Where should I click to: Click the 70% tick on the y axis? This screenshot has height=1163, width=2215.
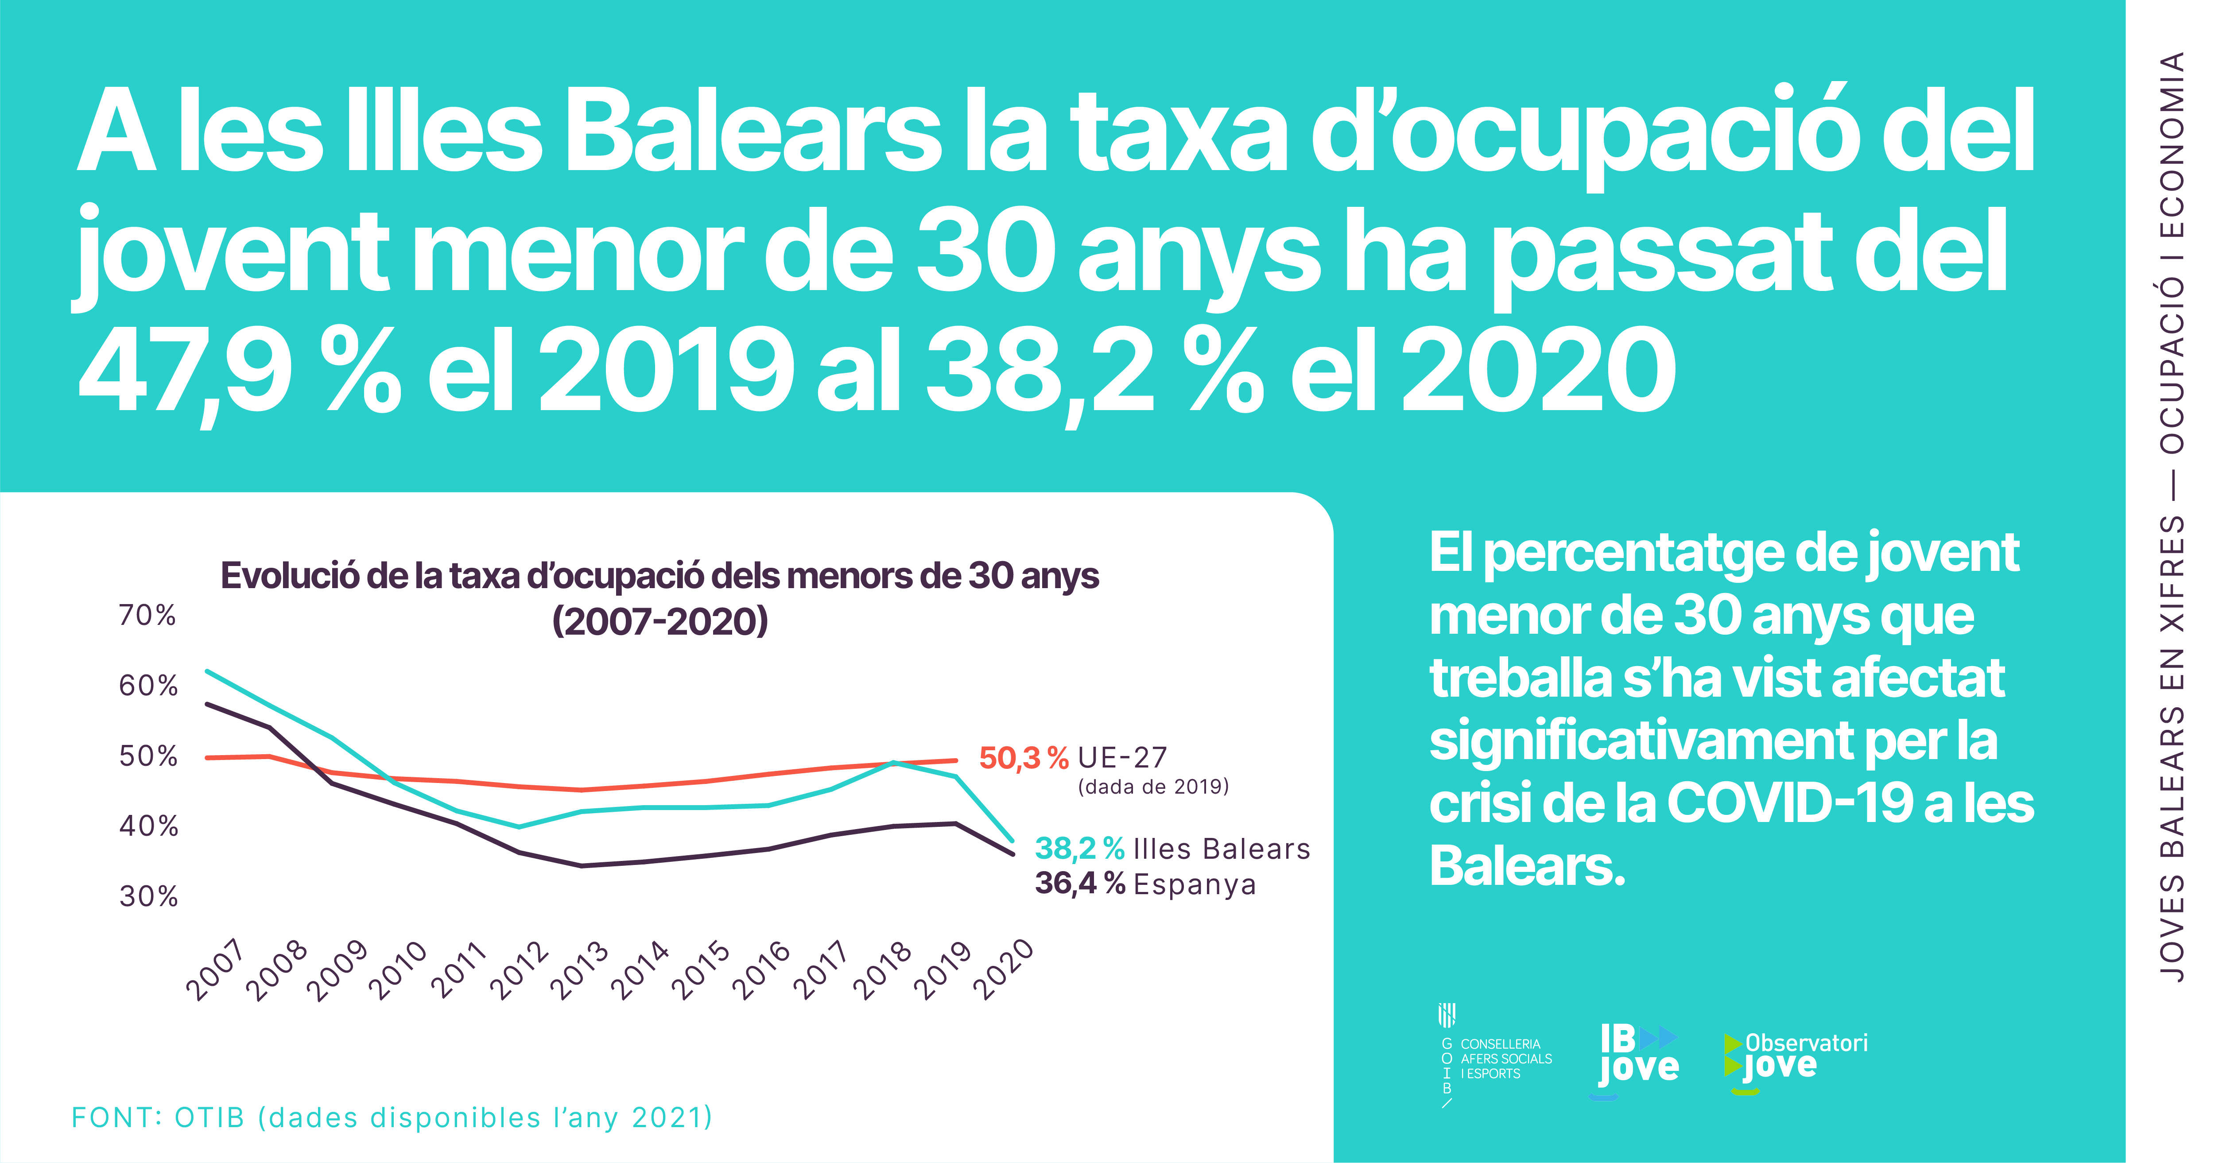pyautogui.click(x=147, y=616)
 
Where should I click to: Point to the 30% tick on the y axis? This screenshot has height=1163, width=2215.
pyautogui.click(x=148, y=896)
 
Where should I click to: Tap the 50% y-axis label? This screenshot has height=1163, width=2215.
pyautogui.click(x=148, y=756)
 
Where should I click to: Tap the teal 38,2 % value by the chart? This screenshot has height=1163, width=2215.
pyautogui.click(x=1079, y=849)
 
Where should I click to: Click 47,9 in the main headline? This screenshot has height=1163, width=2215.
pyautogui.click(x=185, y=371)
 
